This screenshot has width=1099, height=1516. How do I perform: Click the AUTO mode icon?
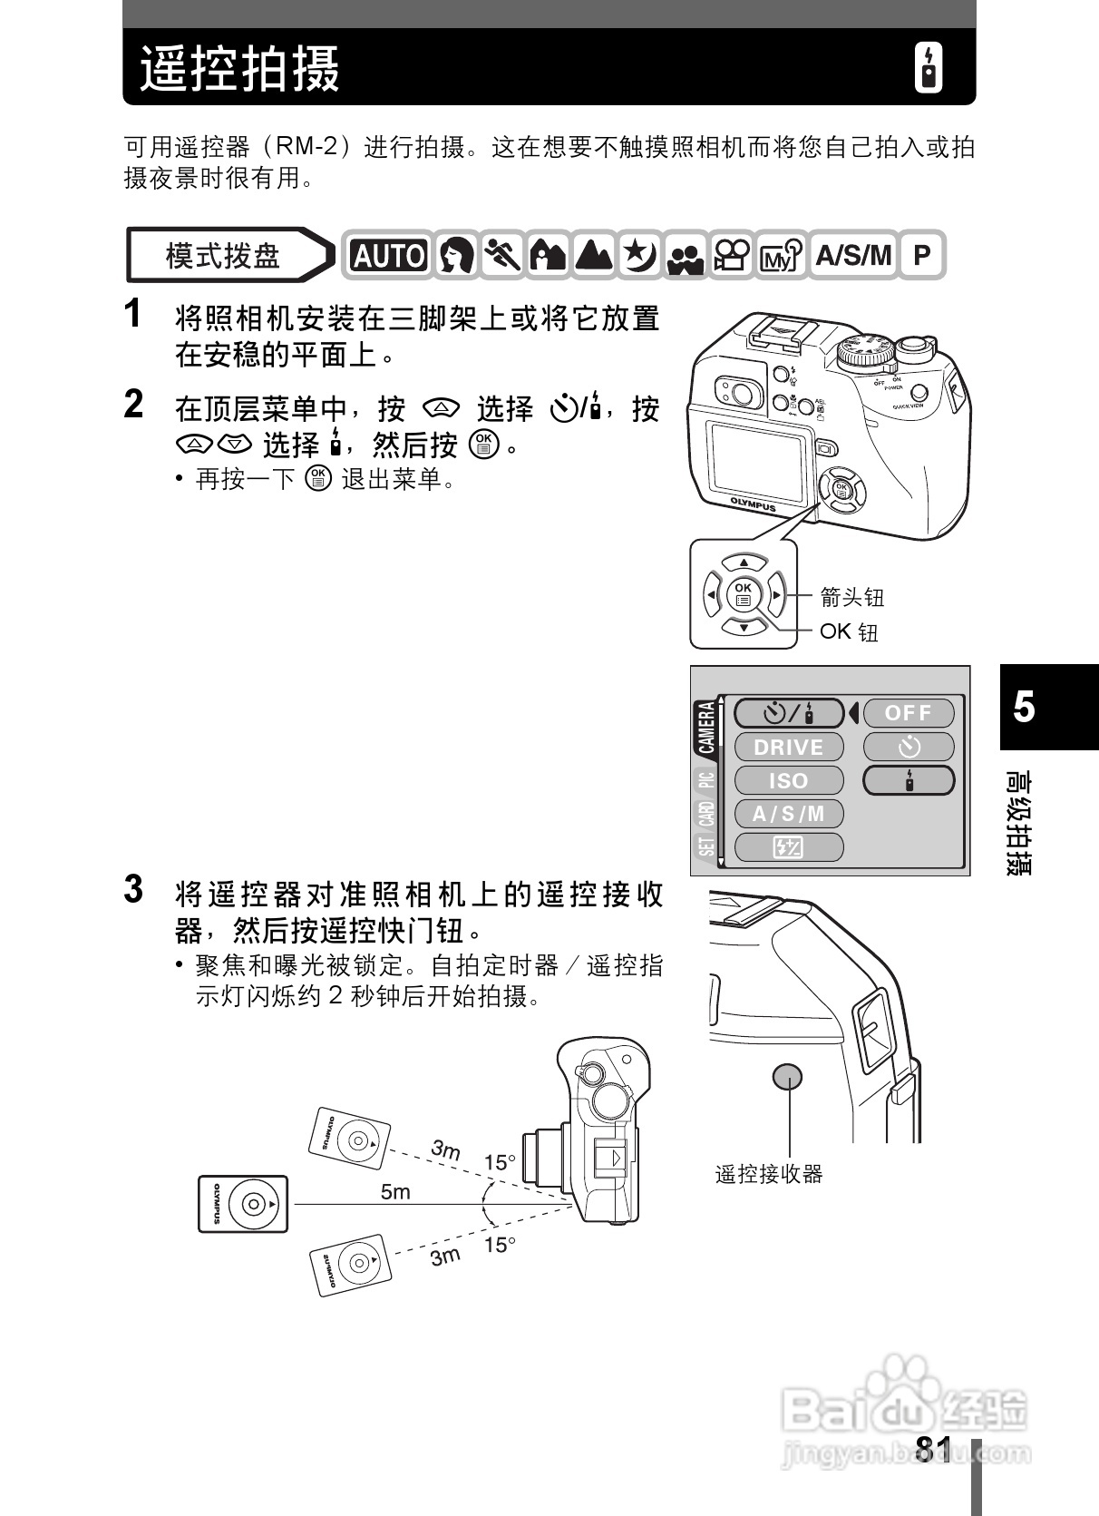tap(389, 256)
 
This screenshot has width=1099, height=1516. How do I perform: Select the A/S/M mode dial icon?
tap(852, 255)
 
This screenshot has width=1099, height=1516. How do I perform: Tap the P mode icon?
tap(921, 255)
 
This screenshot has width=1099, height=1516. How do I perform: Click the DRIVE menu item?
tap(788, 747)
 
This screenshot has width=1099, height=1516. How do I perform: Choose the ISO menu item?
tap(788, 780)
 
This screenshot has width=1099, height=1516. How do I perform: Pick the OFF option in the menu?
tap(909, 713)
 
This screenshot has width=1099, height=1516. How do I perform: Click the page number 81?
tap(933, 1451)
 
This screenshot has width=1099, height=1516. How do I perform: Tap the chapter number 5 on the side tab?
tap(1024, 706)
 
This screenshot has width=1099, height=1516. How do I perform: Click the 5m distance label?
tap(395, 1191)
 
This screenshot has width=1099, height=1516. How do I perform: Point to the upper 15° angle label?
tap(500, 1162)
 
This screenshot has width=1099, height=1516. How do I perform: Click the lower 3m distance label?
tap(445, 1257)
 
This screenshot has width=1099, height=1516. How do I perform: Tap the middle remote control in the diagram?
tap(243, 1204)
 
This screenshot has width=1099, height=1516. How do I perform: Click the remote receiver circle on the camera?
tap(787, 1077)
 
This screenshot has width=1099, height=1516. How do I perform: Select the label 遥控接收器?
tap(769, 1175)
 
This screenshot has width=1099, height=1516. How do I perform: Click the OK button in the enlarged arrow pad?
tap(744, 594)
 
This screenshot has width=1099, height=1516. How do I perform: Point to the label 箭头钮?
tap(851, 597)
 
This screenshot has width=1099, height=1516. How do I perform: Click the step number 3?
tap(133, 889)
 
